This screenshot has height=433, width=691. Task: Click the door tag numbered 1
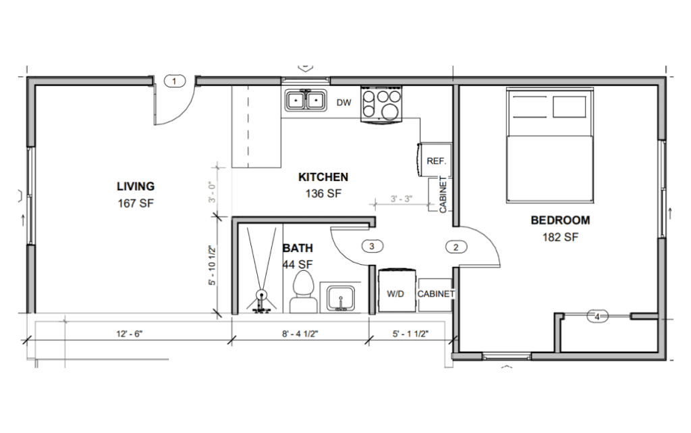click(175, 82)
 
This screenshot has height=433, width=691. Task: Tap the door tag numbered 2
click(456, 247)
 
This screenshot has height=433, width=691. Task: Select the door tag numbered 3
click(372, 247)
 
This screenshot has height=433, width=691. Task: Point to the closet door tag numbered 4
click(597, 315)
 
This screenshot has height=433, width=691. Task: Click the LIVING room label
click(136, 186)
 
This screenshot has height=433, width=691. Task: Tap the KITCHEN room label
click(323, 178)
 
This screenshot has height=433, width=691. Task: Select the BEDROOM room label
click(560, 220)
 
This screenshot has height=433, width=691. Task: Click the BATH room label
click(298, 248)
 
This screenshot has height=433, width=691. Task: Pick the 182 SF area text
click(560, 237)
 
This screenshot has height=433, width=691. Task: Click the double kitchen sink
click(306, 101)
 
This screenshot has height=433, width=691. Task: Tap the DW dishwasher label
click(344, 103)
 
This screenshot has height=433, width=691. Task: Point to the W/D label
click(395, 295)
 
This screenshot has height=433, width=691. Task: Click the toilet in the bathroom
click(302, 293)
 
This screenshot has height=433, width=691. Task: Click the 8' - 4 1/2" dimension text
click(300, 333)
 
